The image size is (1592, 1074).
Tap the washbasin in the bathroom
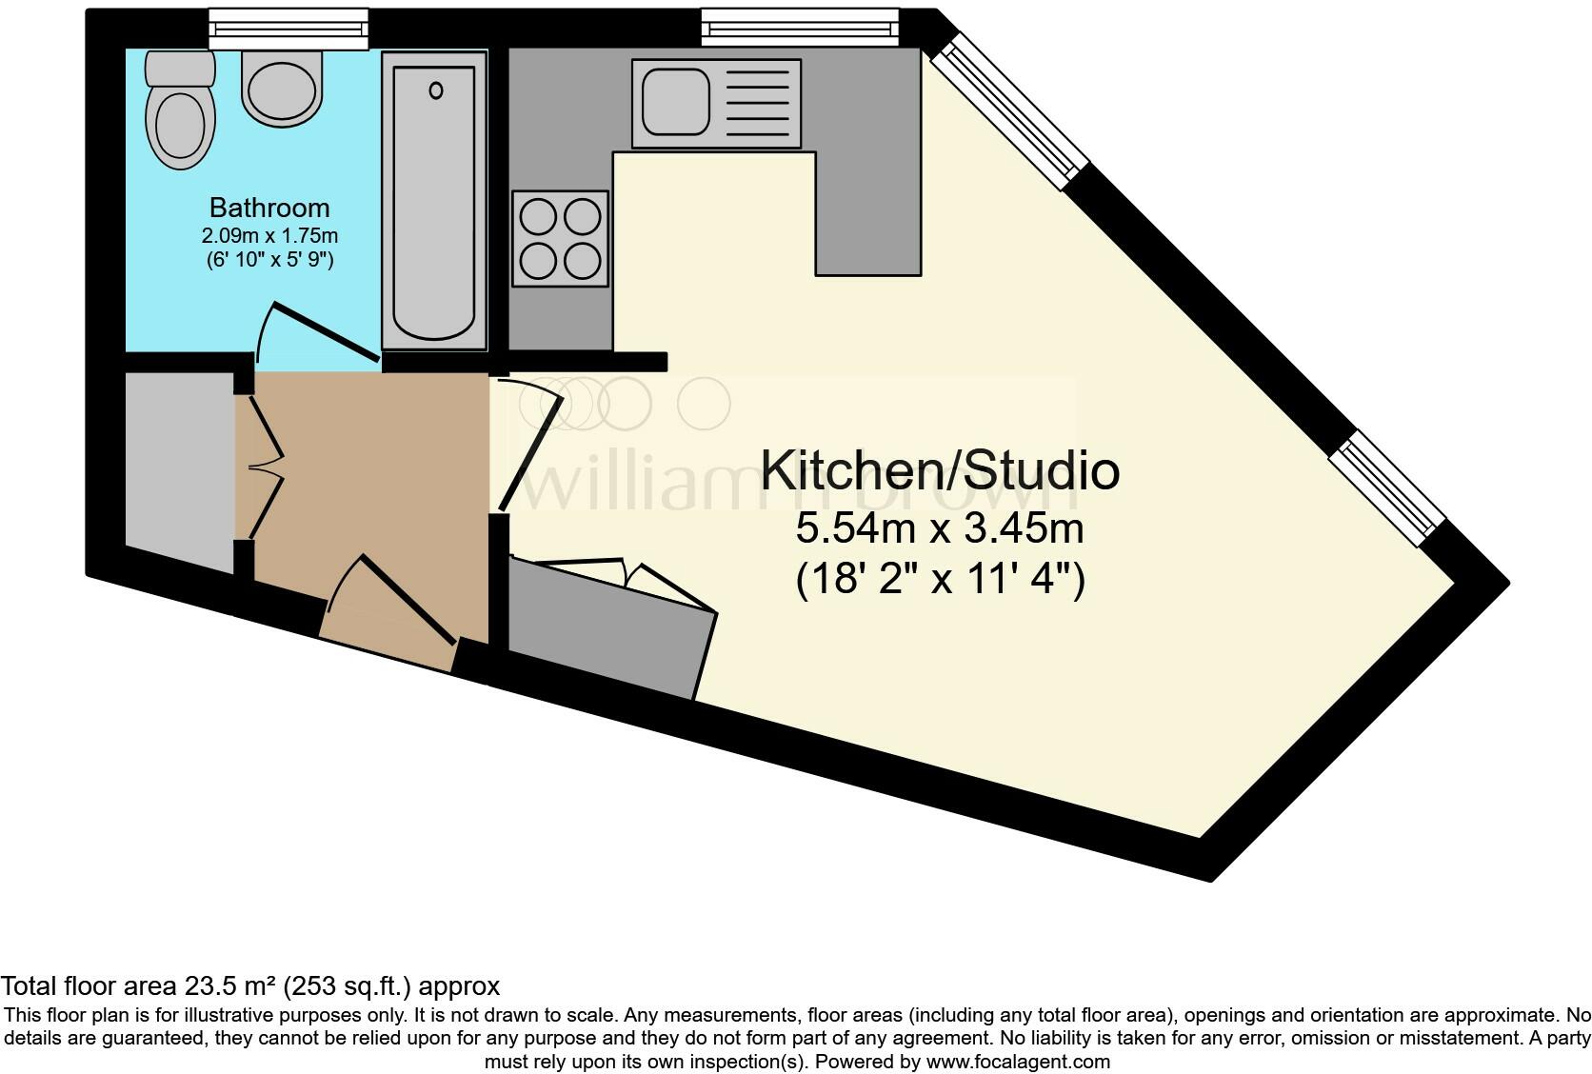282,89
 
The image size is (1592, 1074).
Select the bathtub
434,202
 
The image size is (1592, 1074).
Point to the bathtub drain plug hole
436,91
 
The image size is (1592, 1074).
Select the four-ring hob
560,239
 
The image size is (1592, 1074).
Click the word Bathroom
269,208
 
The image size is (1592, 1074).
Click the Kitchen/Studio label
939,471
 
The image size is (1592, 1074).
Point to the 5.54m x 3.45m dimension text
939,528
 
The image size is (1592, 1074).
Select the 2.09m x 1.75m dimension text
270,235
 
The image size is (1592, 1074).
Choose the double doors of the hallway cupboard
265,467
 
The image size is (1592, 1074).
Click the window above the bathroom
289,29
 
